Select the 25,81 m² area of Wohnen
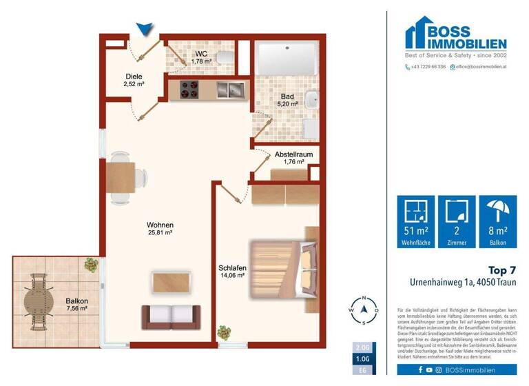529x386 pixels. click(x=160, y=234)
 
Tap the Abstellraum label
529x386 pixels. click(x=293, y=155)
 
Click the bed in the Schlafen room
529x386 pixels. click(x=283, y=265)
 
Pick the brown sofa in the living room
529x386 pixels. click(x=171, y=317)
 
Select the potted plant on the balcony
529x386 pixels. click(x=91, y=264)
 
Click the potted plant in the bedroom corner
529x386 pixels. click(x=224, y=332)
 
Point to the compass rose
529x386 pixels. click(x=364, y=312)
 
